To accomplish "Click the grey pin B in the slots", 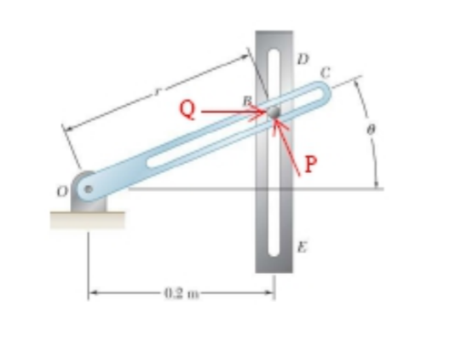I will click(x=274, y=113).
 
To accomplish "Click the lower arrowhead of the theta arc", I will click(x=376, y=183).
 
